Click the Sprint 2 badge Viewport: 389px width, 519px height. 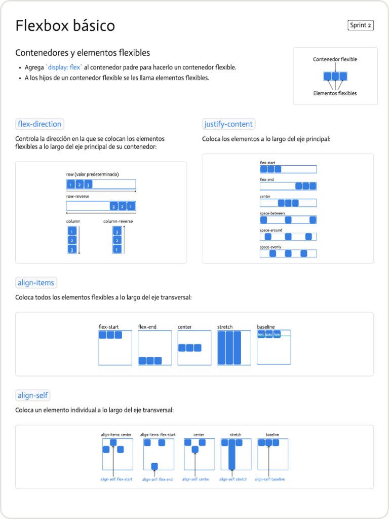pos(361,25)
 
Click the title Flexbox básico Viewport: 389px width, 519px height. pos(65,25)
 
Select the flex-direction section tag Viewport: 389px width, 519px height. pos(40,124)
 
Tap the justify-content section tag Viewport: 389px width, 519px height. pos(228,124)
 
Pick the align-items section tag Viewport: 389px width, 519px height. pos(36,283)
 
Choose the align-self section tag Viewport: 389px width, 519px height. pos(33,395)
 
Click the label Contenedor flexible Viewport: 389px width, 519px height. pos(335,59)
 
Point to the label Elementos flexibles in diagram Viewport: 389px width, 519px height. pos(335,93)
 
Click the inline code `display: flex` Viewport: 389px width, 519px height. pos(64,67)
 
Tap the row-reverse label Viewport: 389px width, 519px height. pos(77,196)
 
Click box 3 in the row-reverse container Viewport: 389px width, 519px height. pos(113,207)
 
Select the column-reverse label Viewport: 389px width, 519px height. pos(118,221)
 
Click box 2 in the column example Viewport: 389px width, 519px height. pos(72,240)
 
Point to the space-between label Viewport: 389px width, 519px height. pos(273,213)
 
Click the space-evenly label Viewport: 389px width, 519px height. pos(270,247)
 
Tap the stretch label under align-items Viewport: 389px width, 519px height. pos(225,327)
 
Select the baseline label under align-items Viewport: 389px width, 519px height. pos(265,327)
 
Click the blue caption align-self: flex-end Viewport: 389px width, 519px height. pos(157,479)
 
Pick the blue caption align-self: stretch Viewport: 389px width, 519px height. pos(233,479)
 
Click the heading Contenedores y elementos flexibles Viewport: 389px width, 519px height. pos(83,53)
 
